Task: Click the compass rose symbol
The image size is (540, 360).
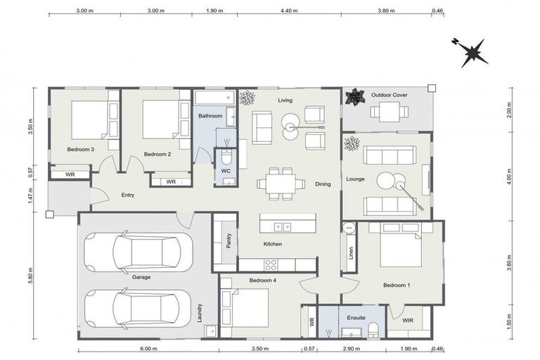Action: point(470,51)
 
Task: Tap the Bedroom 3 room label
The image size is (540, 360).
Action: point(81,149)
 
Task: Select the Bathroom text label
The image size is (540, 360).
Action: point(210,116)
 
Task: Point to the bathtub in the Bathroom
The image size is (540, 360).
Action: point(214,98)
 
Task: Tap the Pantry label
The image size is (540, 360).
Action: point(229,239)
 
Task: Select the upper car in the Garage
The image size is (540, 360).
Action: point(139,251)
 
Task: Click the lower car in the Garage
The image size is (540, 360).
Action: point(139,307)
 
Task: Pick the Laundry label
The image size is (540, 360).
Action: point(200,312)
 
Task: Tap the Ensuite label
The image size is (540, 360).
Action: point(356,318)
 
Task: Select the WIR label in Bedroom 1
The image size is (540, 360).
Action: point(408,320)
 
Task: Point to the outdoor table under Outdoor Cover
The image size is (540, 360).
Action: point(385,110)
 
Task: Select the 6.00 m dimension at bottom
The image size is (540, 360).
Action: point(148,349)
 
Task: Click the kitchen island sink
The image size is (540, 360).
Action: point(283,226)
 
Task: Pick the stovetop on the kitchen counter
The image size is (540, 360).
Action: point(270,264)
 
